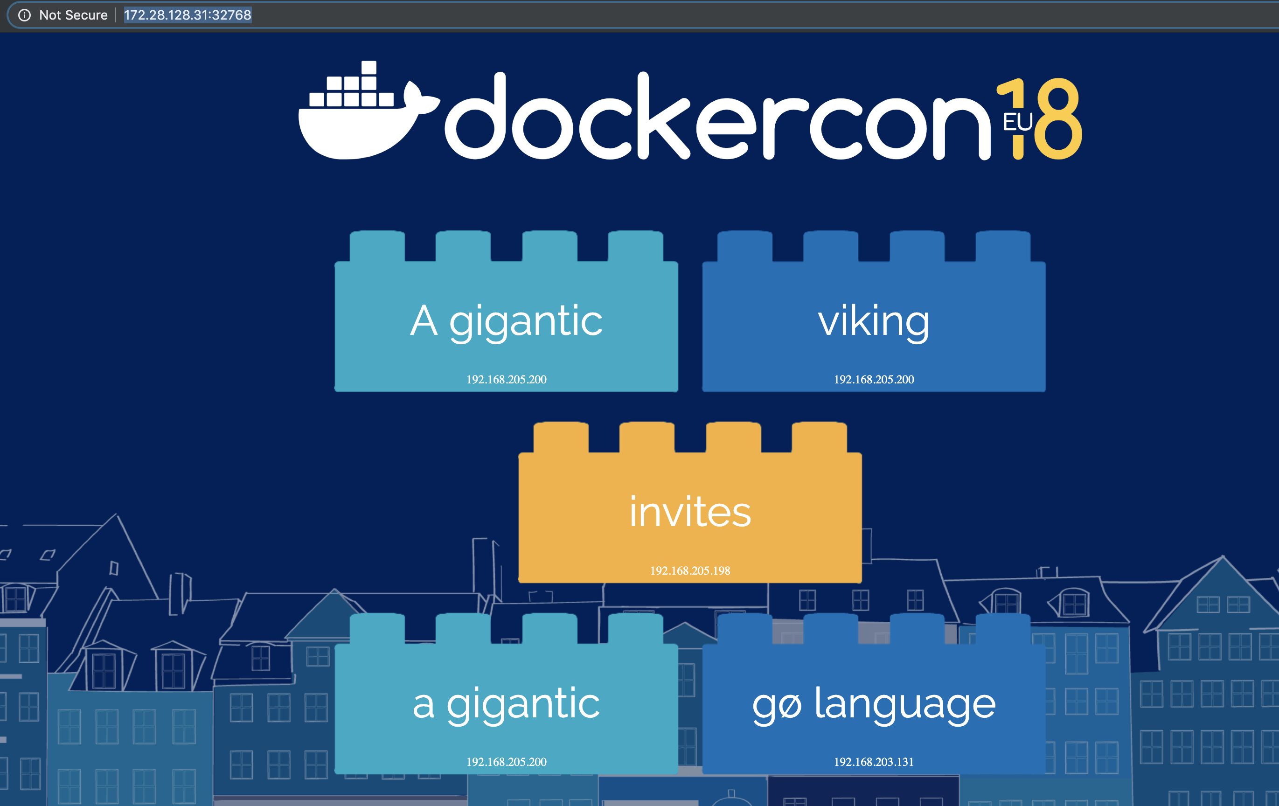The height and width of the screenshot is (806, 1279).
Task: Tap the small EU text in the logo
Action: pyautogui.click(x=1017, y=122)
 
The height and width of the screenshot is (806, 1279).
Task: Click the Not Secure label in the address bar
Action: pyautogui.click(x=73, y=15)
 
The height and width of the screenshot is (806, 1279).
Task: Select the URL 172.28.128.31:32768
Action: pyautogui.click(x=188, y=15)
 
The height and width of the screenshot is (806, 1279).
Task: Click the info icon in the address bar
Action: pyautogui.click(x=24, y=15)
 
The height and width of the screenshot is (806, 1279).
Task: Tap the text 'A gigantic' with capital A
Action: pyautogui.click(x=506, y=321)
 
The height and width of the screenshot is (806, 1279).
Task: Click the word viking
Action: pyautogui.click(x=874, y=321)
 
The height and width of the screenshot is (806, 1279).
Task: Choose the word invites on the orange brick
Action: pyautogui.click(x=690, y=512)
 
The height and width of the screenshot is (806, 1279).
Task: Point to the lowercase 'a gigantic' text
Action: pyautogui.click(x=506, y=703)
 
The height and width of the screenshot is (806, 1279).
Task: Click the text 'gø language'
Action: pyautogui.click(x=874, y=703)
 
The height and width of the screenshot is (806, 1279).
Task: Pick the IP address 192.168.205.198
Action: pyautogui.click(x=690, y=571)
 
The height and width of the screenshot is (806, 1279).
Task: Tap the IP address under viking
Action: pyautogui.click(x=874, y=380)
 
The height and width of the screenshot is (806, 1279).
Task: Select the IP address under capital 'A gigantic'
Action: pyautogui.click(x=506, y=380)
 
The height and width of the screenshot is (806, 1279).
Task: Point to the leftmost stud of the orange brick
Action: pyautogui.click(x=561, y=437)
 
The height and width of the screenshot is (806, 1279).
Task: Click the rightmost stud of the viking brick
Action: pyautogui.click(x=1003, y=246)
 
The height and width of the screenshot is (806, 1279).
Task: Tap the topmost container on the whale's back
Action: pyautogui.click(x=368, y=68)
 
